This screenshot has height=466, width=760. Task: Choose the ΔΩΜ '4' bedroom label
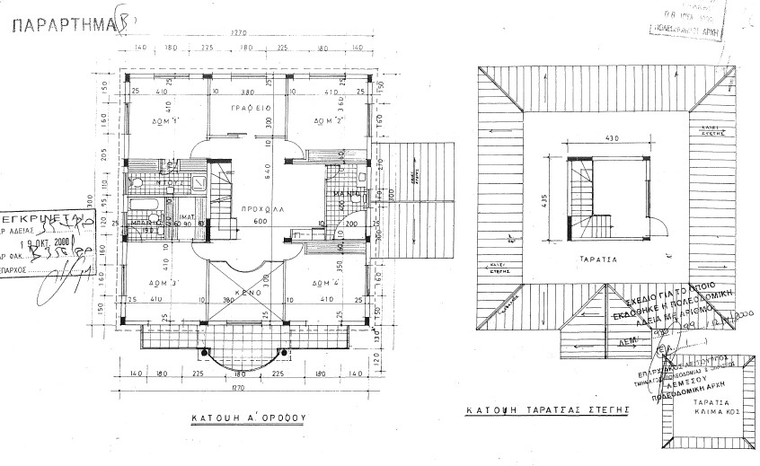pyautogui.click(x=325, y=283)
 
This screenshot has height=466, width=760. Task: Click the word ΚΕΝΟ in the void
pyautogui.click(x=249, y=293)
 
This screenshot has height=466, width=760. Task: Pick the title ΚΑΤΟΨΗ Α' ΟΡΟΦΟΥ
pyautogui.click(x=250, y=418)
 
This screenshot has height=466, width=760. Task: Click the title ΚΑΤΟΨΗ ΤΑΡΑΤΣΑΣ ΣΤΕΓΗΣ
pyautogui.click(x=545, y=409)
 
